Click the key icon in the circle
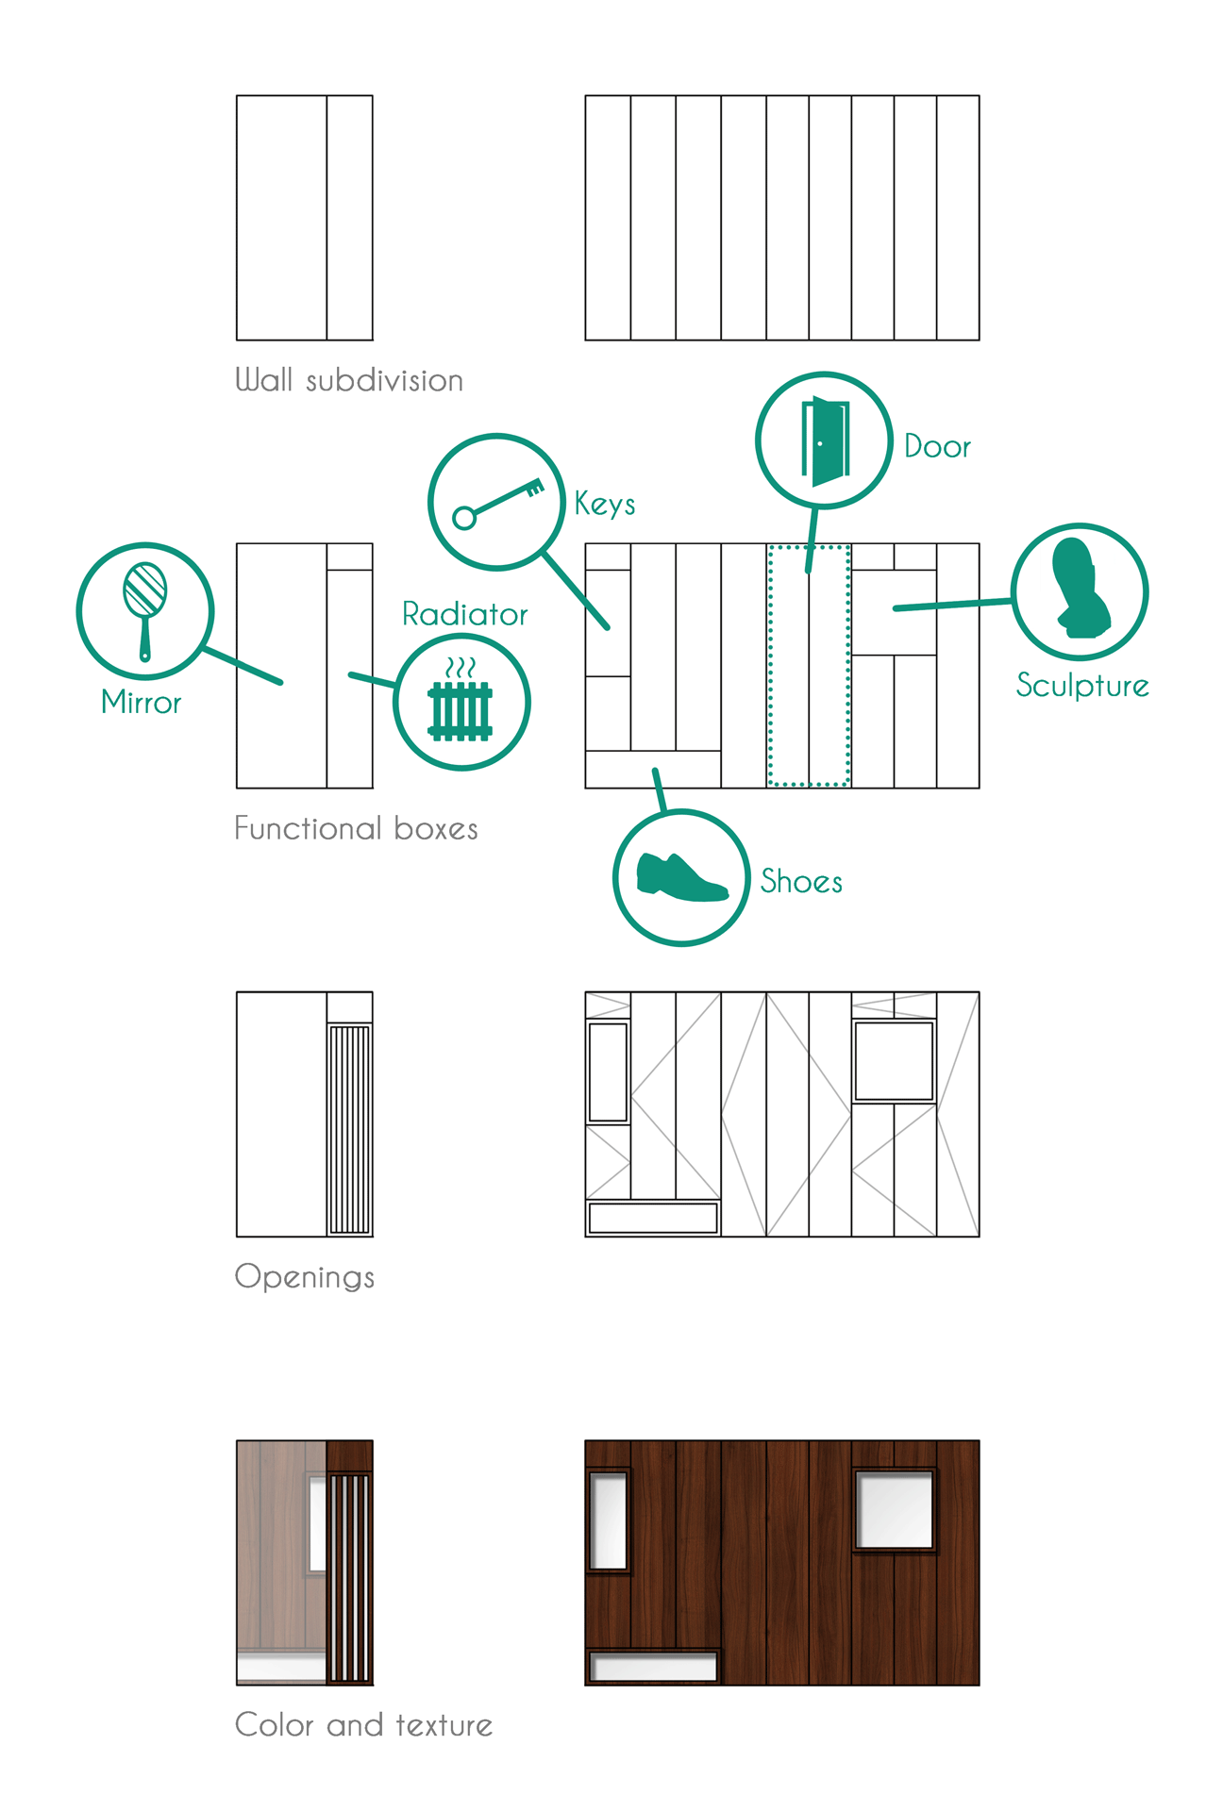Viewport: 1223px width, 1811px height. [x=497, y=503]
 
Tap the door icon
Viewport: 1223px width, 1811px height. [x=825, y=440]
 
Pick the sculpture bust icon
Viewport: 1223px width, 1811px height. [x=1081, y=588]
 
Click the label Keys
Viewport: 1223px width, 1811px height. [x=605, y=504]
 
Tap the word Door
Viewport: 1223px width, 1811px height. [x=937, y=446]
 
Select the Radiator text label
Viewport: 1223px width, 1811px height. [x=464, y=614]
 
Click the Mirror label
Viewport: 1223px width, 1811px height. [x=141, y=703]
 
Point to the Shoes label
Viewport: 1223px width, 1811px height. [x=801, y=882]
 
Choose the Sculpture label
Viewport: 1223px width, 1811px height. [x=1082, y=686]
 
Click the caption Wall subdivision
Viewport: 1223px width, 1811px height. [x=348, y=380]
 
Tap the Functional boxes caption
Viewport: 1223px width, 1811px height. [x=356, y=828]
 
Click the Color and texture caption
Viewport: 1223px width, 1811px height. [x=363, y=1725]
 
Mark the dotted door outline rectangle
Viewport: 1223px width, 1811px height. [x=810, y=665]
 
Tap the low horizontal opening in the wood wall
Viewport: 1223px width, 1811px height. [x=653, y=1667]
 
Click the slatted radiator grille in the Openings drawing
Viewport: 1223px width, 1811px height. [x=349, y=1129]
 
